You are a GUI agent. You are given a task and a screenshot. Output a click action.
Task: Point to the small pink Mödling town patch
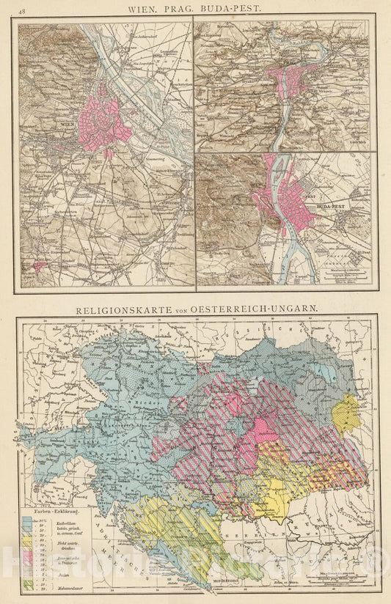click(34, 265)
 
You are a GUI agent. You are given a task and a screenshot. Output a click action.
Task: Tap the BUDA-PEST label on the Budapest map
click(331, 207)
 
